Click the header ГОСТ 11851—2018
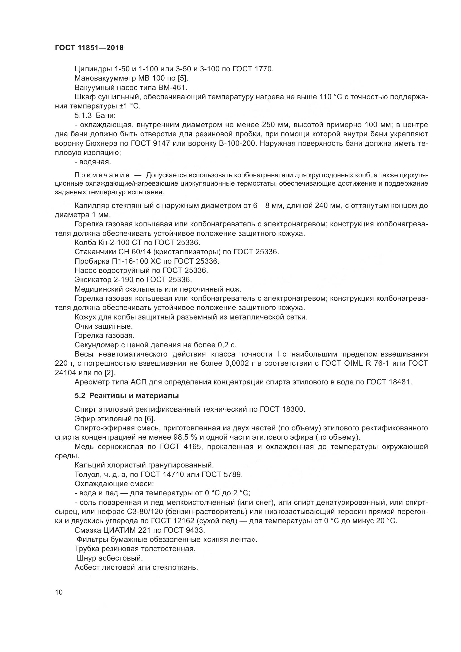[x=89, y=48]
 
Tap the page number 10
[x=59, y=592]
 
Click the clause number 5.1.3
[x=83, y=116]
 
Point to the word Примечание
[x=102, y=175]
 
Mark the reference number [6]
[x=150, y=419]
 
